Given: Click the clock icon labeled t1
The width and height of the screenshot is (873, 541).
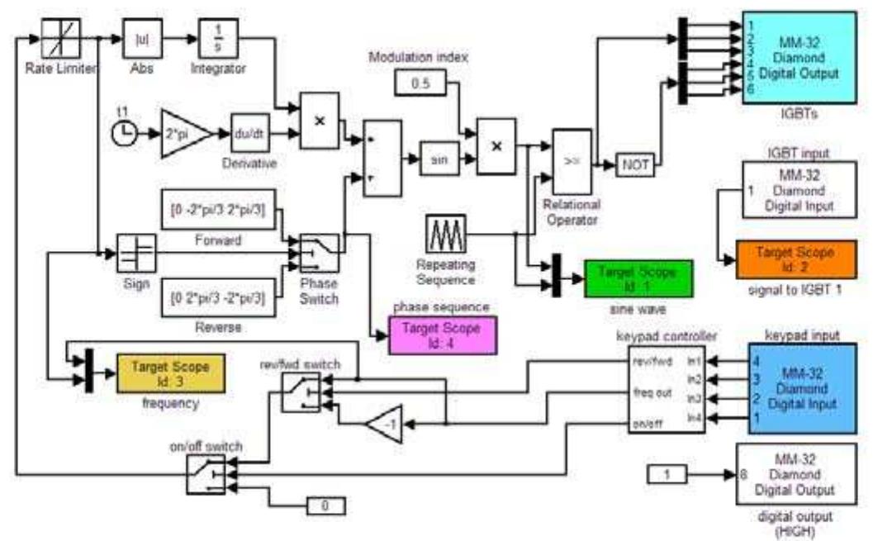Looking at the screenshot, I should click(125, 133).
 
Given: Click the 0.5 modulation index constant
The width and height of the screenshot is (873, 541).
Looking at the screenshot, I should click(420, 83).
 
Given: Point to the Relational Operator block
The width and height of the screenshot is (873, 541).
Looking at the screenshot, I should click(571, 162).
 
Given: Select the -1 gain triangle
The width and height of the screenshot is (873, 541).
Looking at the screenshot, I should click(384, 424).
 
